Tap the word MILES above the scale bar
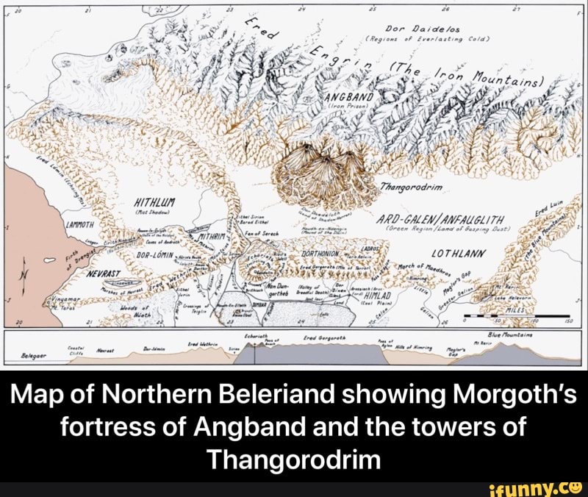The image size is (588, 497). [x=510, y=310]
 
